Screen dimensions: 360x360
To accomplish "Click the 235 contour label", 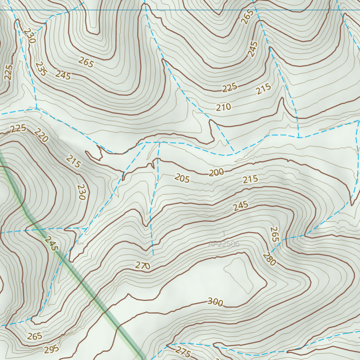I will pos(41,69).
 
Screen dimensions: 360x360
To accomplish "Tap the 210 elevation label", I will pos(224,107).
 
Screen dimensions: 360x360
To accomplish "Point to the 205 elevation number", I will pos(182,179).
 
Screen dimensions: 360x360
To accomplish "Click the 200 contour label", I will pos(216,172).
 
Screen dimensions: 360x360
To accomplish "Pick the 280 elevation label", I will pos(269,259).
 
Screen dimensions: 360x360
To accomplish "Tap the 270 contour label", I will pos(143,265).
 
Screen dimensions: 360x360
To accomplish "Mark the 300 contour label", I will pos(215,302).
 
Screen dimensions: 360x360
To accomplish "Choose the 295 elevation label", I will pos(52,349).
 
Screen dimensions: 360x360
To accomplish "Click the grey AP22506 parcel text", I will pos(224,244).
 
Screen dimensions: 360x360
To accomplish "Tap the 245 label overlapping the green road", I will pos(51,243).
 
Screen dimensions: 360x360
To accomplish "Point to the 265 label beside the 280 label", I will pos(274,234).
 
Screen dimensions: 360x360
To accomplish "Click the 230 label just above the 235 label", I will pos(30,36).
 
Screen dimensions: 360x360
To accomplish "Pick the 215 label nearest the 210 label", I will pos(263,89).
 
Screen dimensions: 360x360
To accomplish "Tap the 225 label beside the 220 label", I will pos(18,128).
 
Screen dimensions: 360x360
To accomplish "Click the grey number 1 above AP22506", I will pos(224,234).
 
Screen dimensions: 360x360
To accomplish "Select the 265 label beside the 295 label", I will pos(35,336).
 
